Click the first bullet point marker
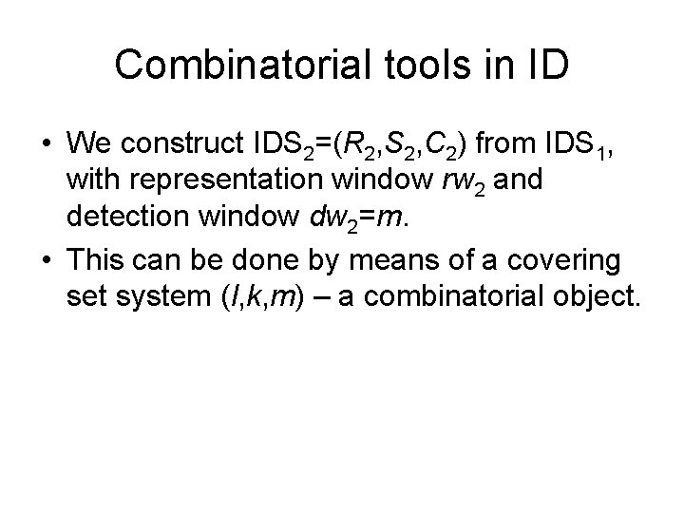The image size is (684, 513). click(47, 144)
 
